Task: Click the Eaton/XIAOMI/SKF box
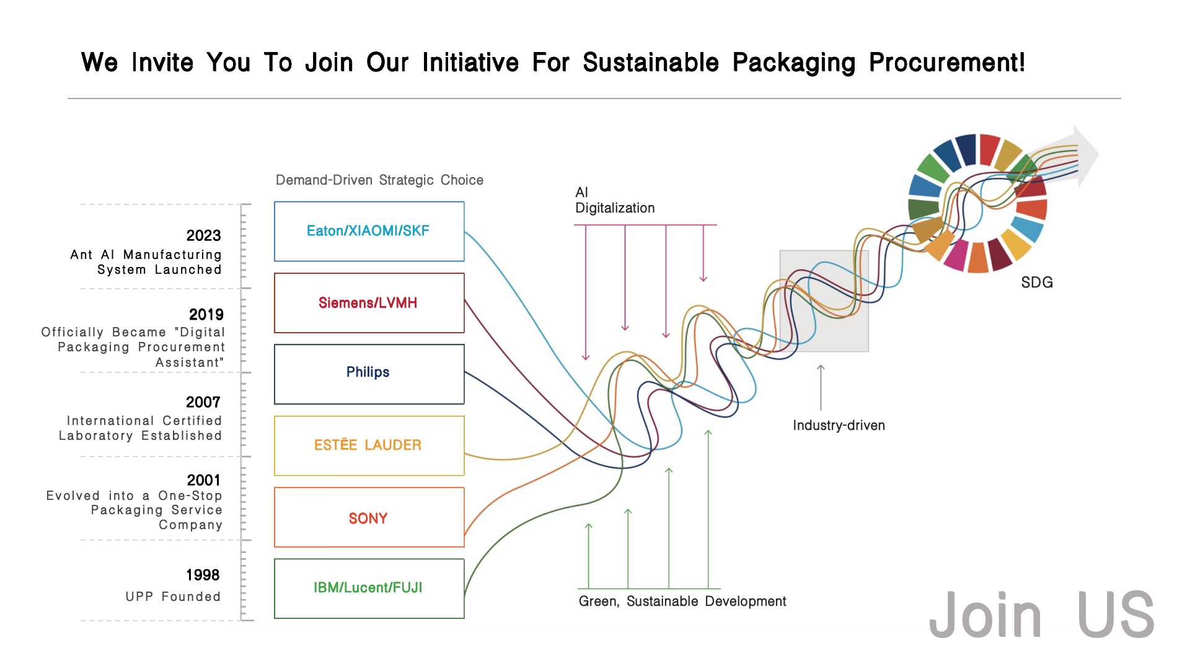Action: [369, 231]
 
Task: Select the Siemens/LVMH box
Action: [369, 303]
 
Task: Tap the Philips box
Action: [369, 374]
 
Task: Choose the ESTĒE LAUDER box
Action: [369, 445]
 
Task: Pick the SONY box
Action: [369, 518]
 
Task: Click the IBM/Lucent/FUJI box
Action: [369, 588]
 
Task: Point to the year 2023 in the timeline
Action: [203, 236]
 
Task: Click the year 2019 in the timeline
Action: [206, 315]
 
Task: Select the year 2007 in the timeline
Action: [203, 403]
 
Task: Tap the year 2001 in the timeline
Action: [203, 480]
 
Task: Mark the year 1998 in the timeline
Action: [203, 575]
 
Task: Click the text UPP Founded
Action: [173, 597]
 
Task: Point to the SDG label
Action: [1037, 282]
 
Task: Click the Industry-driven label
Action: [839, 426]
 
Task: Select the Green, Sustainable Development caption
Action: [682, 601]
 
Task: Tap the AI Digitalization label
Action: [614, 201]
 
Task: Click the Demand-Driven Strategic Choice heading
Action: [379, 180]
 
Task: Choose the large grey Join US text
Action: [1041, 615]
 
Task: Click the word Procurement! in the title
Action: [947, 63]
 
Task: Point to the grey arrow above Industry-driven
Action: [821, 387]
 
